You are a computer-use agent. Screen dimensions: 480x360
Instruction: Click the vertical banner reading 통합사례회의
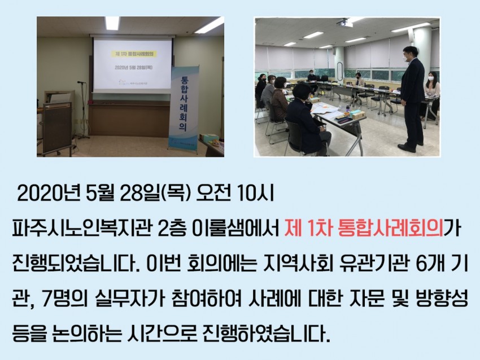184,107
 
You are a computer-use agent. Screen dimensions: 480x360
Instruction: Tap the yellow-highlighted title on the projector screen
134,54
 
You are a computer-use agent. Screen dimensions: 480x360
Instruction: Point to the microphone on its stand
81,82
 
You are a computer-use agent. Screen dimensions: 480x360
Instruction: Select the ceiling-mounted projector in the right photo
343,21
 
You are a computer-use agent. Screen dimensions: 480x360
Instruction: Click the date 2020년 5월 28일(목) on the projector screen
133,68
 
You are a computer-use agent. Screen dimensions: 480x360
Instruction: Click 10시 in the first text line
255,194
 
